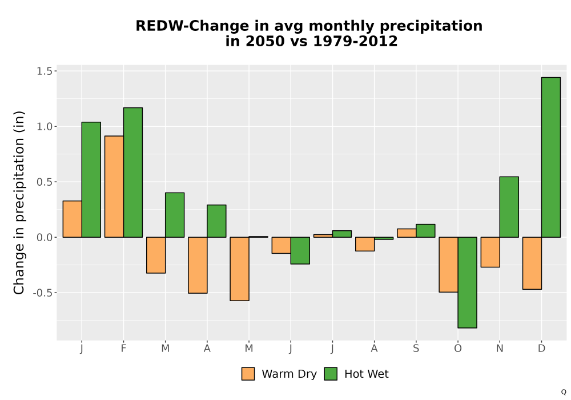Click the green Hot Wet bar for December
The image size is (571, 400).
(550, 157)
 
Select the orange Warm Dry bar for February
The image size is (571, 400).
(114, 186)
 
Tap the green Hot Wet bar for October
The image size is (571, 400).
(467, 282)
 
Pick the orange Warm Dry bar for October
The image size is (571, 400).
(448, 265)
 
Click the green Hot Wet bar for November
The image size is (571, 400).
(509, 207)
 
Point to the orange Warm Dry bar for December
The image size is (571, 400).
(532, 263)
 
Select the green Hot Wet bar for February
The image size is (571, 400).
(133, 173)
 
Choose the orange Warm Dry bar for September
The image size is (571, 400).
(407, 233)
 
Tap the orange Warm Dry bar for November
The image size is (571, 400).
(490, 252)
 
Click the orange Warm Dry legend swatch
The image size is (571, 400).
(248, 374)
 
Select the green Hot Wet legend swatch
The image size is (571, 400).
(331, 374)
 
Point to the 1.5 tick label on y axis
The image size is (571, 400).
(45, 71)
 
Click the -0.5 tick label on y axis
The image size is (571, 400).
(43, 293)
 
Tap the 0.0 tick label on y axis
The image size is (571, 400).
(45, 238)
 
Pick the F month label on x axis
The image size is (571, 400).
(123, 349)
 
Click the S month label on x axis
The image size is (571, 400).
(416, 349)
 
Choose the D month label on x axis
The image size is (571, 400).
(541, 349)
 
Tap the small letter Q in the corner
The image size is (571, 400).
(564, 392)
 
